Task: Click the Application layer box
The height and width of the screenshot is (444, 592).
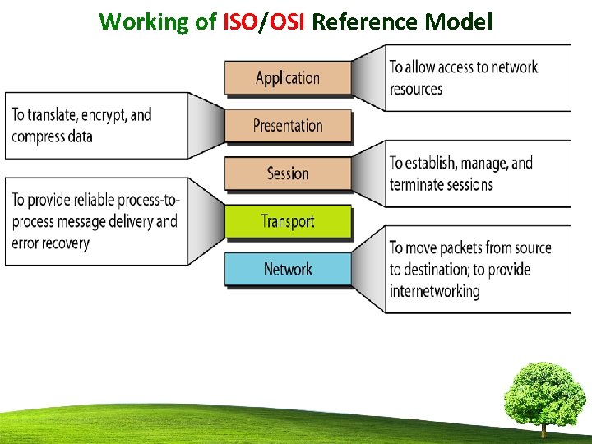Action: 288,78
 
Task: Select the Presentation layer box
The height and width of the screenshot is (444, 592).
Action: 288,126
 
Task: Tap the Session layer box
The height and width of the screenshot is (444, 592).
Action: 288,173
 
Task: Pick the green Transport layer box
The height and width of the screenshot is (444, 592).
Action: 288,221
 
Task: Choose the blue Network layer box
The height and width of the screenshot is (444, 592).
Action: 288,269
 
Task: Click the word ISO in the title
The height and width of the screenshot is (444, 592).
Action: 240,21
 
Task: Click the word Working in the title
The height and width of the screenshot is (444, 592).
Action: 145,21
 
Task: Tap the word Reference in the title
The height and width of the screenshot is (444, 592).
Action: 366,21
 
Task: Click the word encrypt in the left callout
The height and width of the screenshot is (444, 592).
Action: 104,115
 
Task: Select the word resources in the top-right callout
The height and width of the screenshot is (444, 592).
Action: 416,89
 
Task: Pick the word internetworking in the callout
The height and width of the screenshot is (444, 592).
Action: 434,291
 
